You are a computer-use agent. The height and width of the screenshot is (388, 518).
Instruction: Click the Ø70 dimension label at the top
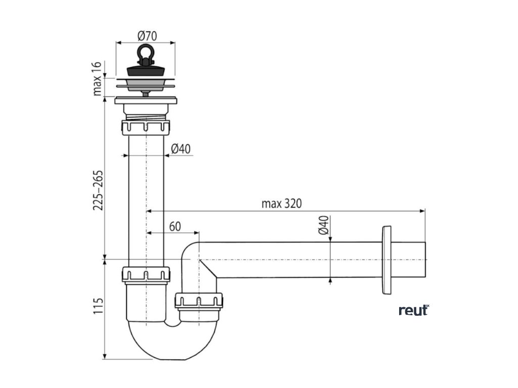click(x=147, y=36)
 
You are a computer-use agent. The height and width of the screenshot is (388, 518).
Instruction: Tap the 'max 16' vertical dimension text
click(x=98, y=78)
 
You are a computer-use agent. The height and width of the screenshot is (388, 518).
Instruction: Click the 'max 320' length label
click(x=281, y=204)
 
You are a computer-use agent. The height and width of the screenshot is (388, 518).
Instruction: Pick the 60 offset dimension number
click(x=175, y=226)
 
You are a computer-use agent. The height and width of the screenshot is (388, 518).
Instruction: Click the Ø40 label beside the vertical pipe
click(x=181, y=149)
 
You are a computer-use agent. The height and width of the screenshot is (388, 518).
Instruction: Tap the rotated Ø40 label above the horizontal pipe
click(x=324, y=225)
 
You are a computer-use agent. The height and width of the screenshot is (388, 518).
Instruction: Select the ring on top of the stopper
click(x=146, y=53)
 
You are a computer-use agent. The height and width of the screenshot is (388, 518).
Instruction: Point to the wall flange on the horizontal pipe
click(x=387, y=260)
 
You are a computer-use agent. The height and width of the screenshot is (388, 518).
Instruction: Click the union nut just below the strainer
click(x=146, y=126)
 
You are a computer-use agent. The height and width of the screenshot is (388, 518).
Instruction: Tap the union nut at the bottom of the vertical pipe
click(x=146, y=275)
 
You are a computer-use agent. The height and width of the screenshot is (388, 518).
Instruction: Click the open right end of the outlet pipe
click(x=423, y=260)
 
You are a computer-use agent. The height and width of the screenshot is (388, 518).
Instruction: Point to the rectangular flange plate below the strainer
click(x=146, y=101)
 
